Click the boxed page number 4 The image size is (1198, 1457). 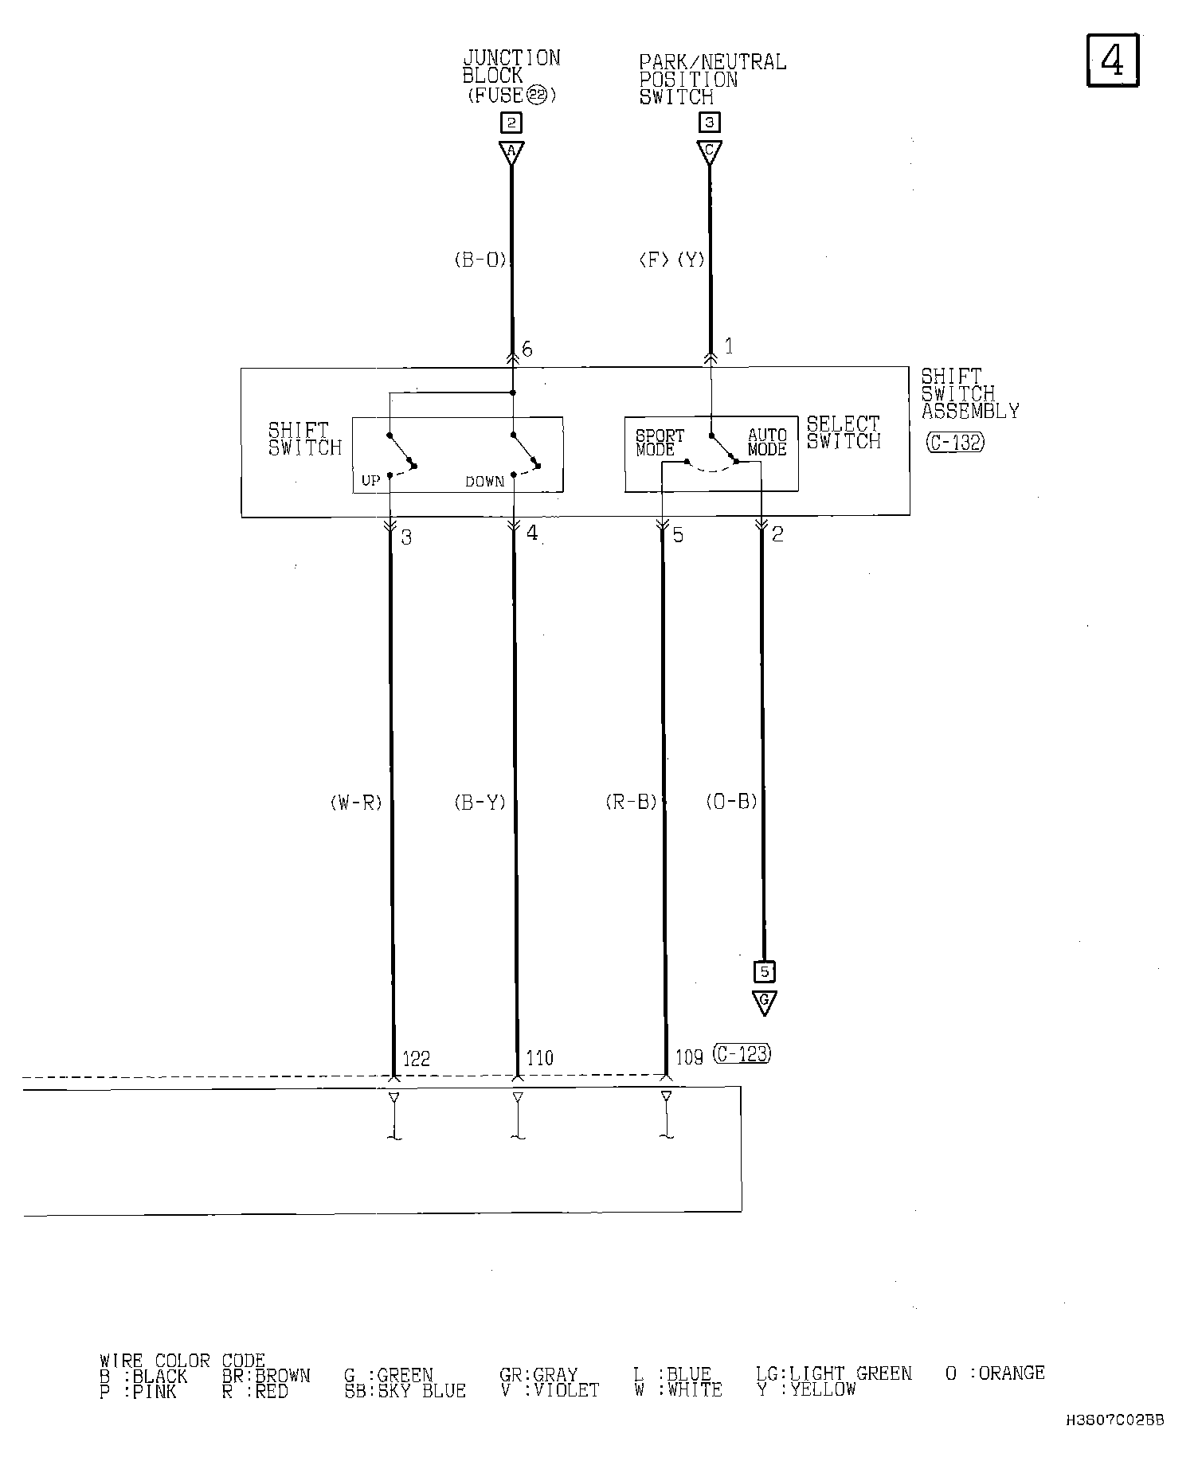coord(1113,60)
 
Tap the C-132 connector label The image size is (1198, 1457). coord(955,443)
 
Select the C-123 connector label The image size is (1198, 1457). coord(742,1053)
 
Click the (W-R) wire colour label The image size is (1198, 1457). coord(356,803)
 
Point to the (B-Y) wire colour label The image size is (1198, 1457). coord(480,803)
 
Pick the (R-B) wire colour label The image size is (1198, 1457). coord(631,803)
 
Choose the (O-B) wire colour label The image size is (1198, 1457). coord(731,802)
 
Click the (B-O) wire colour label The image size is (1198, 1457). coord(480,260)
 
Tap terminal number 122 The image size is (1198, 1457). coord(416,1058)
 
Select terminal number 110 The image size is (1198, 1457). coord(539,1058)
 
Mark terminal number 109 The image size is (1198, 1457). coord(689,1058)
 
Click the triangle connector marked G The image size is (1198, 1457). coord(764,1002)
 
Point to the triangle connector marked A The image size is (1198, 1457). coord(511,152)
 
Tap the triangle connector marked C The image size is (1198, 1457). coord(710,152)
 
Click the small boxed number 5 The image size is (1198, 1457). coord(765,972)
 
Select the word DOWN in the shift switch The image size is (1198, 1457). coord(485,482)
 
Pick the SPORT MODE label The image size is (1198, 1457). coord(660,443)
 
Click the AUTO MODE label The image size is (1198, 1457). coord(767,443)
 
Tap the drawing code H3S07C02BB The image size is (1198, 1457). coord(1115,1420)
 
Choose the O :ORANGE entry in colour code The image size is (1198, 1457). coord(995,1373)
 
